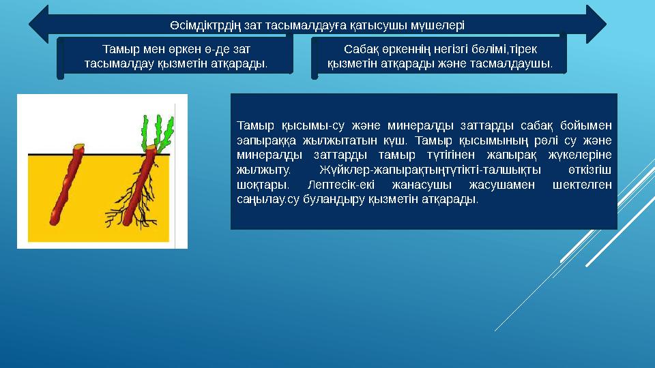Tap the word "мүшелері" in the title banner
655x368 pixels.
(439, 26)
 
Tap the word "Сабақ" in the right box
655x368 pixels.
(358, 49)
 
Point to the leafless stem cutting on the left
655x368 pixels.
(65, 184)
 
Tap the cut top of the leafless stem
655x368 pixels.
(78, 147)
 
